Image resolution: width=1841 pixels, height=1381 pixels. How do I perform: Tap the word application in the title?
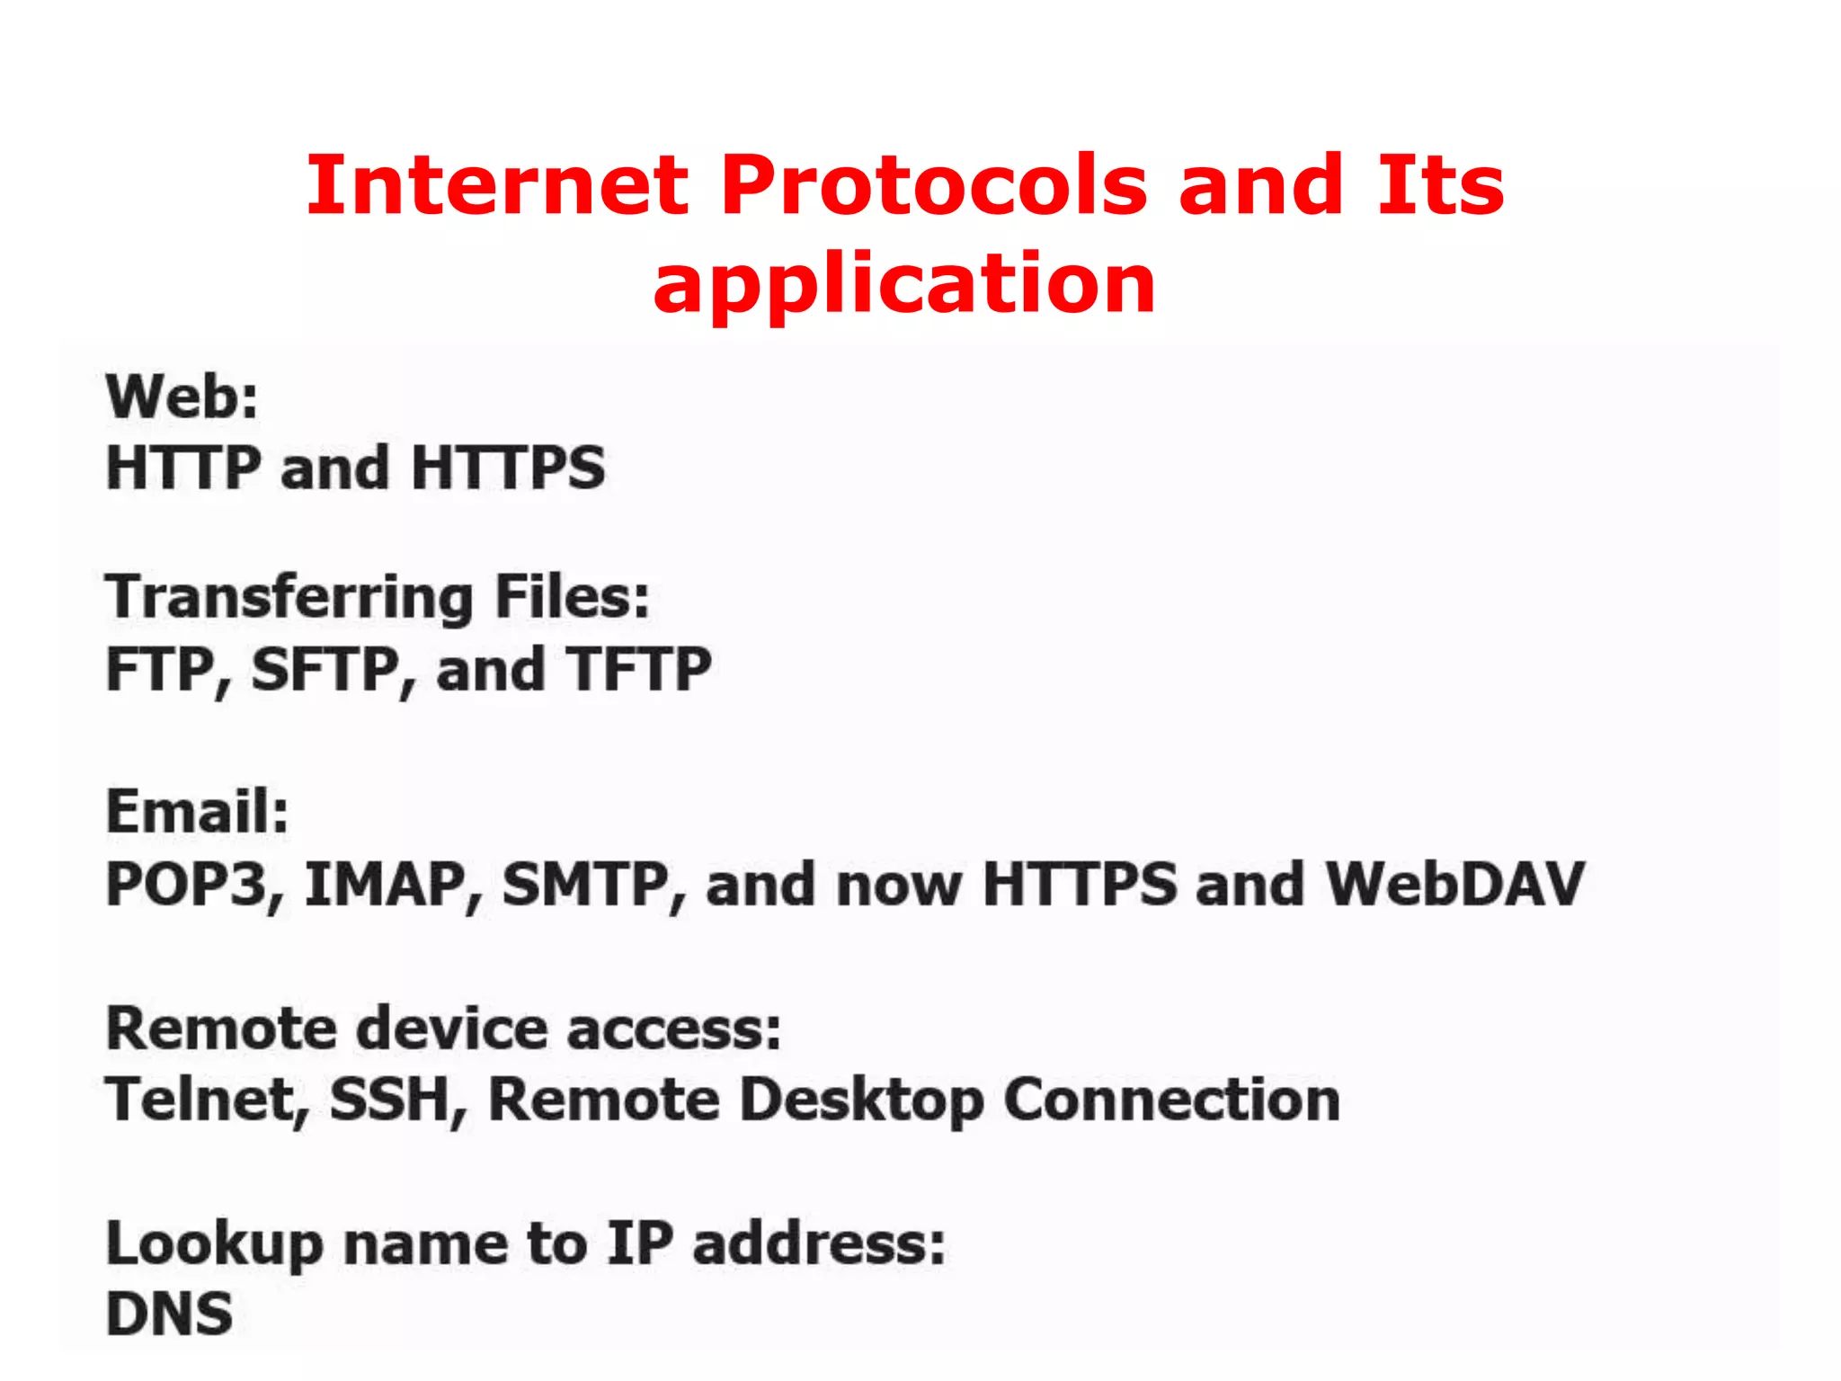(x=904, y=286)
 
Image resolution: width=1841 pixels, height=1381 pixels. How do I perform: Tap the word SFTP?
(x=325, y=670)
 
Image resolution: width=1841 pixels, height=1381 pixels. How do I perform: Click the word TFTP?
(x=639, y=670)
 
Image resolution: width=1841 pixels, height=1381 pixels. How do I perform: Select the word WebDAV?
(x=1455, y=885)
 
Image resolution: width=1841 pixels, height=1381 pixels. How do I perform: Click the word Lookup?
(x=214, y=1246)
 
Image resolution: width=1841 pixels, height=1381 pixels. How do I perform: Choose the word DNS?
(x=169, y=1314)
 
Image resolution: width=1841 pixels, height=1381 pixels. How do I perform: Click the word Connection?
(x=1171, y=1100)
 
